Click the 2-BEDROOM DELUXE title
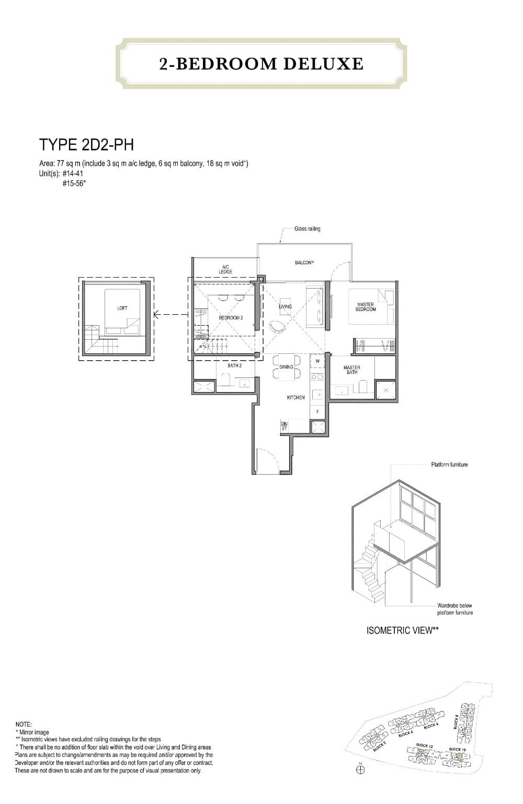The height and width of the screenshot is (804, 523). (261, 64)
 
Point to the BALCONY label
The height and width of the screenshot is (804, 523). (304, 262)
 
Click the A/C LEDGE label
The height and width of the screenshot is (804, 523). (225, 270)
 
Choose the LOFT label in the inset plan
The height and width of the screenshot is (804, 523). (122, 308)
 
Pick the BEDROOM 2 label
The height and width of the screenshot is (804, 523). (231, 318)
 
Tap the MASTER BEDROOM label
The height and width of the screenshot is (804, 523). (366, 307)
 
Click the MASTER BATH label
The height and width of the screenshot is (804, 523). (351, 370)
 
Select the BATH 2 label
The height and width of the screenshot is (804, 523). (234, 366)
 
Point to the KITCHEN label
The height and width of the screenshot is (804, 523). (295, 398)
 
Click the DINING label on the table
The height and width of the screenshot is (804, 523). (286, 367)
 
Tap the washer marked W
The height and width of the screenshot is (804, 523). (317, 361)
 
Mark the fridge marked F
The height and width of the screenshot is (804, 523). (317, 412)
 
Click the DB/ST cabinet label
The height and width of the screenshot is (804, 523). (284, 426)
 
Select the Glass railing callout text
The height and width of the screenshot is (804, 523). (307, 229)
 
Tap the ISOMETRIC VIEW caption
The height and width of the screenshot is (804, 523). (402, 630)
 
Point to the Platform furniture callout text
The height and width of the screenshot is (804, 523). (449, 465)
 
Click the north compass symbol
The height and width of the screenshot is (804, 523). (360, 769)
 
